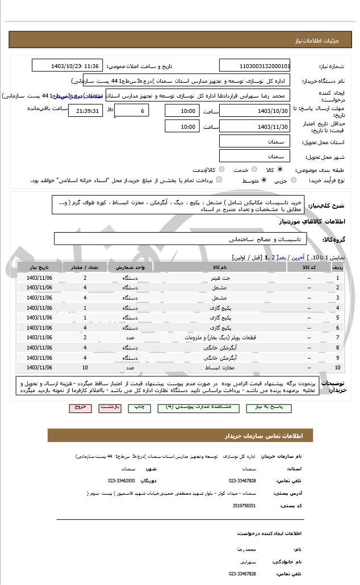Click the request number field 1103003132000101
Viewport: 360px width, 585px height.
pyautogui.click(x=255, y=66)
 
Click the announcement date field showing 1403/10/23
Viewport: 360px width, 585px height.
pyautogui.click(x=67, y=66)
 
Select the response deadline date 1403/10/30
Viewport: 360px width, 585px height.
pyautogui.click(x=255, y=111)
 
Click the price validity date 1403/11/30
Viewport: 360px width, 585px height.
pyautogui.click(x=255, y=127)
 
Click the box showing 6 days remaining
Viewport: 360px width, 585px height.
pyautogui.click(x=132, y=111)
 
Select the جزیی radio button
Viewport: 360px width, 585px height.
pyautogui.click(x=294, y=180)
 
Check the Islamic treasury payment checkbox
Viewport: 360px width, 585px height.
pyautogui.click(x=219, y=180)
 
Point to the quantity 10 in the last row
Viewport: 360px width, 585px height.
pyautogui.click(x=85, y=368)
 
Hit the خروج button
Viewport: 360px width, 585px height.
pyautogui.click(x=79, y=407)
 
